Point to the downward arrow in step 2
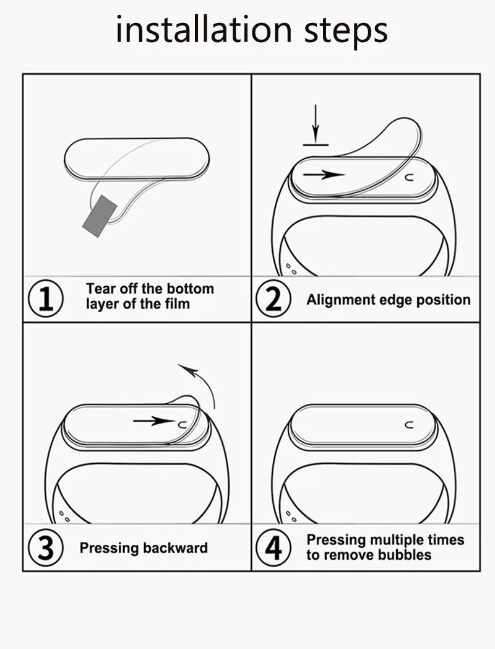(x=316, y=124)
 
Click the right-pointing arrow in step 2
(x=323, y=175)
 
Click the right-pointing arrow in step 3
(x=153, y=421)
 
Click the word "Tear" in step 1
(x=98, y=289)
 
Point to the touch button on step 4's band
(x=408, y=425)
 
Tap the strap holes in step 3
(x=63, y=516)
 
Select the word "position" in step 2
(x=442, y=300)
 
